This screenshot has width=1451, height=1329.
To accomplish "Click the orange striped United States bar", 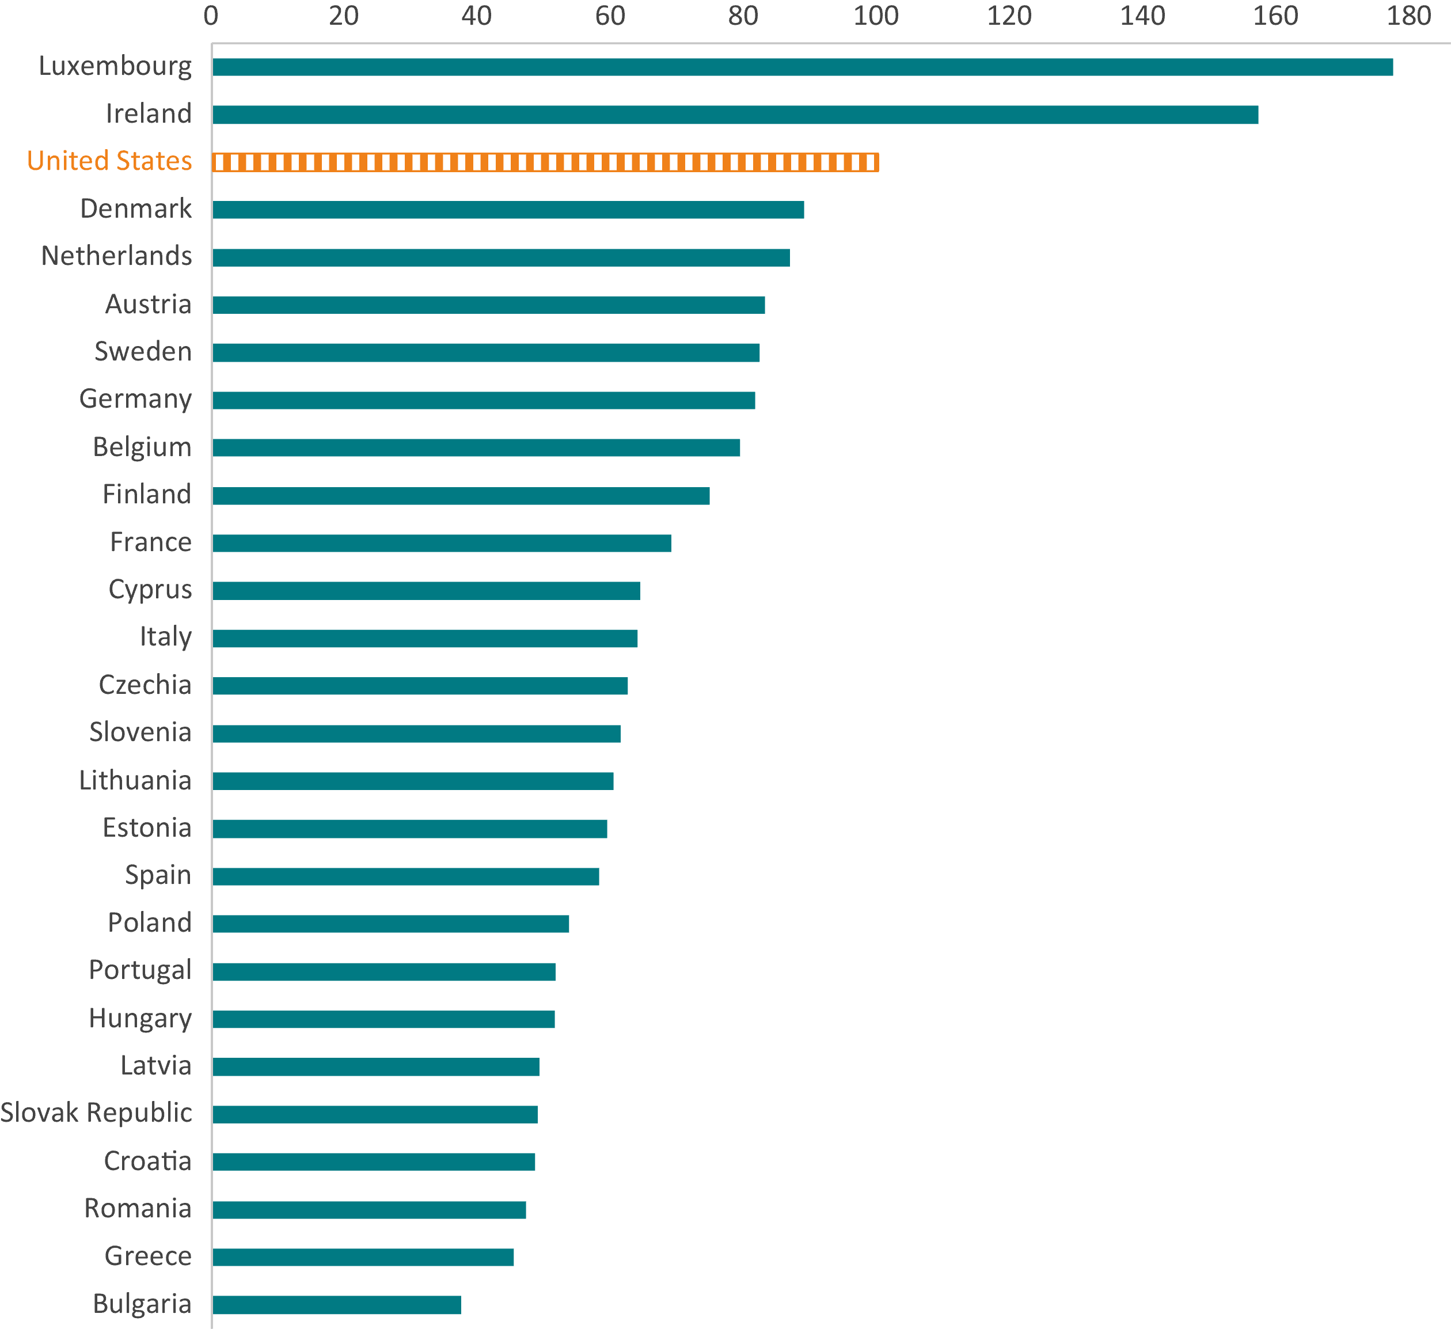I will pos(546,162).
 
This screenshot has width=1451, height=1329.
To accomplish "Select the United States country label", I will pos(109,161).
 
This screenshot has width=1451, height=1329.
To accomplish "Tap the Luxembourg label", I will pos(115,66).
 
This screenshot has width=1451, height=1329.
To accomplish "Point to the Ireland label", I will pos(149,113).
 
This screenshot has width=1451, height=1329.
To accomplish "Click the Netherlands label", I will pos(116,256).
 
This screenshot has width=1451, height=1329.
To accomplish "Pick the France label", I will pos(151,541).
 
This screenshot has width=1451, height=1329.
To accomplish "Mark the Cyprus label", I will pos(150,590).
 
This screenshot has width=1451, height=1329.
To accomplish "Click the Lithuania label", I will pos(135,780).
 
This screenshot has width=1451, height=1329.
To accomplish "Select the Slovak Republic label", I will pos(97,1112).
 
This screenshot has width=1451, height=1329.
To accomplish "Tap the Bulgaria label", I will pos(143,1303).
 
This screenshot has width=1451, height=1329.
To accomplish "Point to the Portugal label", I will pos(140,970).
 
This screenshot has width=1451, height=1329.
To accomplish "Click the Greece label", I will pos(149,1255).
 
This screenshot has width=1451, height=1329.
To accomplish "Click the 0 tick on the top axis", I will pos(211,16).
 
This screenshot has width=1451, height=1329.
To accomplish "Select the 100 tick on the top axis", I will pos(876,16).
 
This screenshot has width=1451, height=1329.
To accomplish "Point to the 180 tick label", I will pos(1408,16).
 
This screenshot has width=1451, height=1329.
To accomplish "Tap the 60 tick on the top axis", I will pos(610,16).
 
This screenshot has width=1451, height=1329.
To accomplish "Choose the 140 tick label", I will pos(1142,16).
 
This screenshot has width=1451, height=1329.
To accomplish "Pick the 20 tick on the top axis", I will pos(344,16).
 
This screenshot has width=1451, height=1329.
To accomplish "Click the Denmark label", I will pos(136,208).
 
